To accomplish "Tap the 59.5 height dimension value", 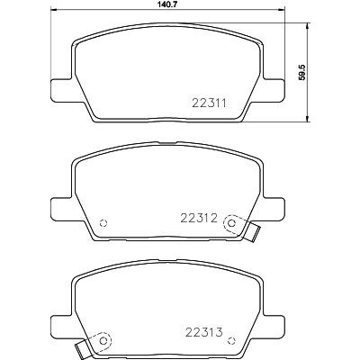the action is coord(302,72).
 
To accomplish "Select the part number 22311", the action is coord(209,103).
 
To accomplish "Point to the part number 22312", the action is coord(199,218).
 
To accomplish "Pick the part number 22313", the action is coord(204,332).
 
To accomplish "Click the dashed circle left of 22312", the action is coord(103,223).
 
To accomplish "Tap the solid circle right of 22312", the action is coord(231,223).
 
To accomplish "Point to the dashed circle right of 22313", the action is coord(231,341).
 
